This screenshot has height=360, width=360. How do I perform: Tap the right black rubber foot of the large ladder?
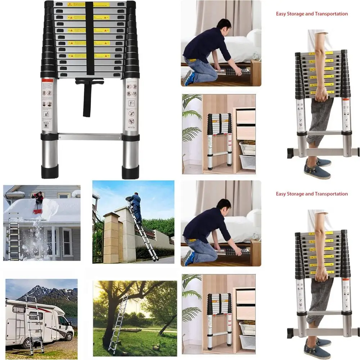point(130,172)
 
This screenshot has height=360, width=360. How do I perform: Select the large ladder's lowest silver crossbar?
point(90,137)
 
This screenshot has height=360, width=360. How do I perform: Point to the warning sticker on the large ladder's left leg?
point(47,104)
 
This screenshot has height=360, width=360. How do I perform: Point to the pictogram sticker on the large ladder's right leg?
point(132,104)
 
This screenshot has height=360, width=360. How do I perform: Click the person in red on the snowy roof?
point(38,197)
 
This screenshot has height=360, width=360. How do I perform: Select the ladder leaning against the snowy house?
point(14,236)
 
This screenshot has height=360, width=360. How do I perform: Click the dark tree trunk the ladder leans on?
point(108,324)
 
